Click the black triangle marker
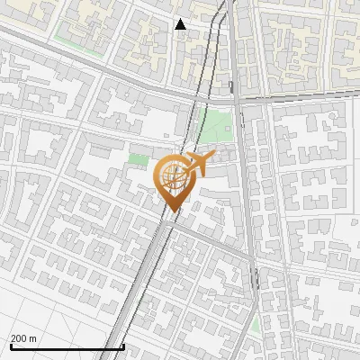tap(181, 24)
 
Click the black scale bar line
tap(67, 346)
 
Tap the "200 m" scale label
tap(24, 338)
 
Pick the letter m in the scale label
tap(33, 338)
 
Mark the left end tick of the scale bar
tap(11, 346)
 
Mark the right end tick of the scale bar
tap(123, 346)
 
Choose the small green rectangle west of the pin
tap(138, 160)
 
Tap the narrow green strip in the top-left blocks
tap(76, 40)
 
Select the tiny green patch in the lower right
tap(255, 325)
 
